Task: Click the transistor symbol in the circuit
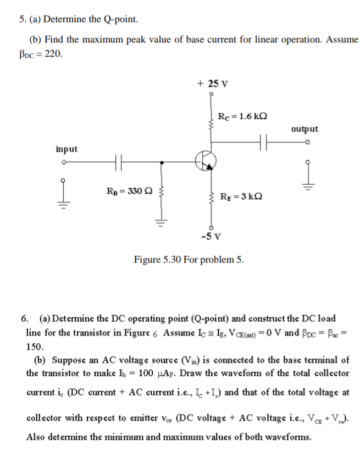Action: pos(206,160)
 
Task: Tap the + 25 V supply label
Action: pos(212,84)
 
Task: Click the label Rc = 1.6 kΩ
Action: pos(242,116)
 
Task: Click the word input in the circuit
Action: pos(67,149)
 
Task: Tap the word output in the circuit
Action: pos(304,129)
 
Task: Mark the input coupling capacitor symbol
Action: pos(118,162)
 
